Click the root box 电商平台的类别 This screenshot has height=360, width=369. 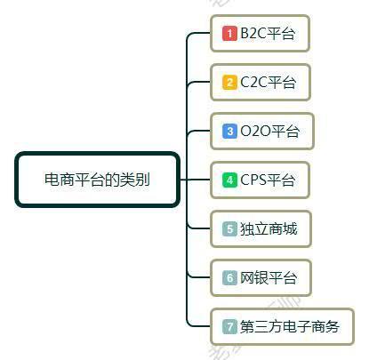[x=98, y=180]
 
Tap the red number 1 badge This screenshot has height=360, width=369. [x=229, y=33]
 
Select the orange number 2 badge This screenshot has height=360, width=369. [x=229, y=82]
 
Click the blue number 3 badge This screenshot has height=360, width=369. [x=229, y=131]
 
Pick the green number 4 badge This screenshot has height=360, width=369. [x=229, y=180]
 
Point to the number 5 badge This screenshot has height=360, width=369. [x=229, y=228]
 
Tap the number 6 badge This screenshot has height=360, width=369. [x=229, y=277]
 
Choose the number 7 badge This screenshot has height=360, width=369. [x=229, y=326]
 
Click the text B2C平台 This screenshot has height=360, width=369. [x=268, y=33]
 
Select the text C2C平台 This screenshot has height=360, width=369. [x=268, y=82]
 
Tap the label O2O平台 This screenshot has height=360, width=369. [x=269, y=131]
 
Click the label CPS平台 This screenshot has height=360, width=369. [x=268, y=180]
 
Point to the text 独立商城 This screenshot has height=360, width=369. [x=269, y=228]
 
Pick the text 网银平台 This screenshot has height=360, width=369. [x=269, y=277]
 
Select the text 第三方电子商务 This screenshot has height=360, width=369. [x=290, y=326]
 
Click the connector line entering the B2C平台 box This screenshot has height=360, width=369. [x=196, y=33]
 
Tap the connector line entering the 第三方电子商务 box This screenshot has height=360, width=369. [x=196, y=326]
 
